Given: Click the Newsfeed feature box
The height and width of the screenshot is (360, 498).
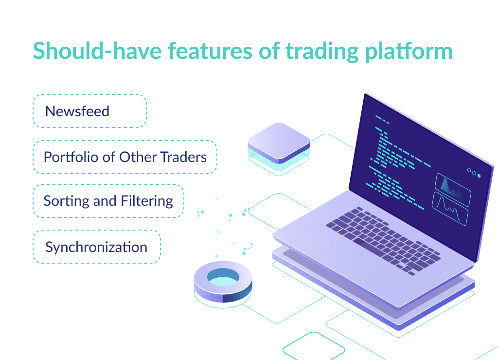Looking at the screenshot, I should click(89, 111).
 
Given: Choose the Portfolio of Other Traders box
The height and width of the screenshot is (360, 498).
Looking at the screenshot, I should click(125, 157).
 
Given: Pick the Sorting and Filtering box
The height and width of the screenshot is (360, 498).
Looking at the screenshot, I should click(108, 201).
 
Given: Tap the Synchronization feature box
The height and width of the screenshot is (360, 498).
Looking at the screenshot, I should click(96, 247).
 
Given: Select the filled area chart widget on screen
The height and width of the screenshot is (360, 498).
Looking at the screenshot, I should click(453, 184).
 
